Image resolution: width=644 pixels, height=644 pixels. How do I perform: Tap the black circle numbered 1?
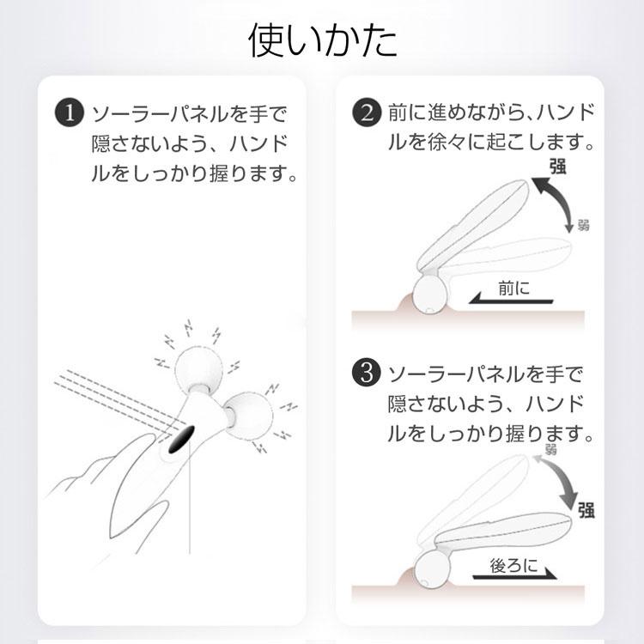68,114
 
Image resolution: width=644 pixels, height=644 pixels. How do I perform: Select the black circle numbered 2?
368,114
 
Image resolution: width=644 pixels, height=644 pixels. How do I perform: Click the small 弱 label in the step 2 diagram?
583,226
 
